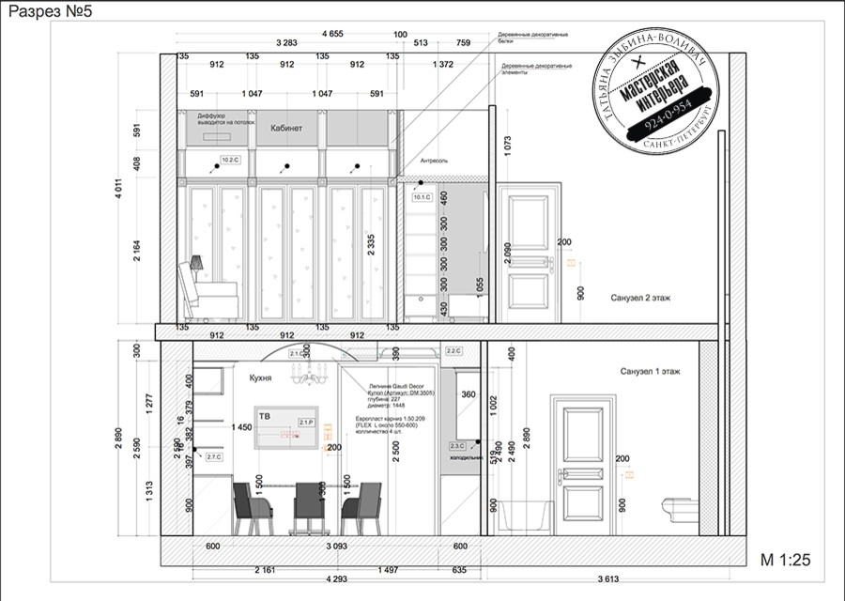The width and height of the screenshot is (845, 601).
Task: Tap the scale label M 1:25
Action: click(x=784, y=560)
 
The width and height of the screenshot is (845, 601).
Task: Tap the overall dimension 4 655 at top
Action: click(x=331, y=34)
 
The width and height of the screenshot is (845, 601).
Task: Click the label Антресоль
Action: click(x=435, y=161)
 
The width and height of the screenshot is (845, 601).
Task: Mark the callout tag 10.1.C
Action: click(x=421, y=198)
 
